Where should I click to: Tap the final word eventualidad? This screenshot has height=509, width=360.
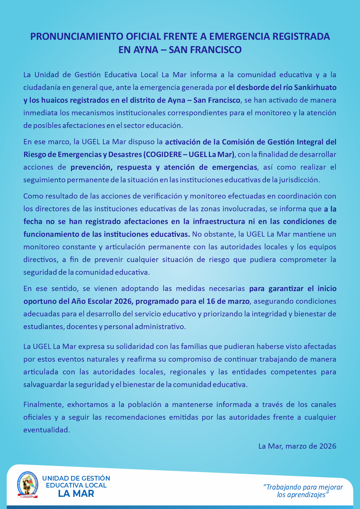click(47, 430)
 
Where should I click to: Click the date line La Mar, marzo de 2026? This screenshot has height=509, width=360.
click(297, 446)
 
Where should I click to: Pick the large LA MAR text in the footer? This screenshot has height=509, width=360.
click(76, 493)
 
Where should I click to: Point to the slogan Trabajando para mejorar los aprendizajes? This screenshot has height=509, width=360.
click(303, 491)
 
